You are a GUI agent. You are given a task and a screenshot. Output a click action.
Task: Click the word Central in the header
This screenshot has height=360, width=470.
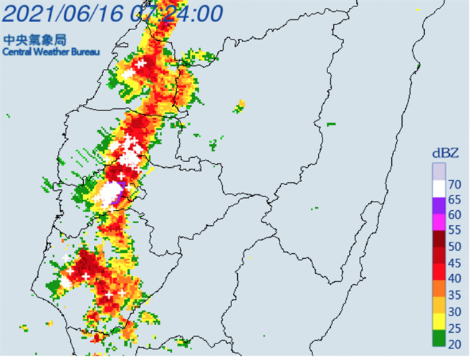[16, 52]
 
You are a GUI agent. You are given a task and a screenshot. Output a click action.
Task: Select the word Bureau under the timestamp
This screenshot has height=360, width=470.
[82, 52]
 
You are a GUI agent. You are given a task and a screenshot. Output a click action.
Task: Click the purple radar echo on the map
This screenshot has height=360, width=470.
[123, 187]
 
